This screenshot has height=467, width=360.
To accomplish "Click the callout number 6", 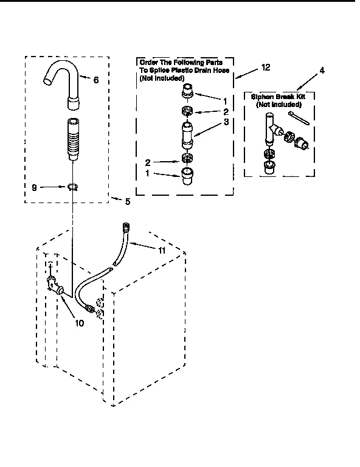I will (95, 80).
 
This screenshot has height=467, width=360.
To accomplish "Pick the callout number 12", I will (266, 67).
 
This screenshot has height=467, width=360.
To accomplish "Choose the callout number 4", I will (322, 71).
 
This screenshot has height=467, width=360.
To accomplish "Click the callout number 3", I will (225, 122).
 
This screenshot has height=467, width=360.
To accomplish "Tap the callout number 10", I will (79, 323).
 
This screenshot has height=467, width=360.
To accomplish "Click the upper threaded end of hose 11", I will (126, 228).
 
